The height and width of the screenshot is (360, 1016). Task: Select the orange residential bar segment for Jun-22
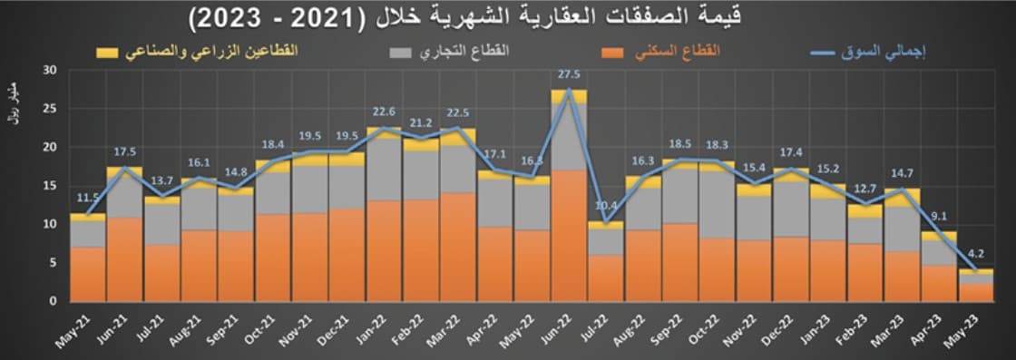569,236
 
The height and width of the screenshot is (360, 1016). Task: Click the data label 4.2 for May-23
976,255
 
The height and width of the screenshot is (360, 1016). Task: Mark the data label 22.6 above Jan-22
384,112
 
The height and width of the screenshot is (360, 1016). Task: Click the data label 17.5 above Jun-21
125,152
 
